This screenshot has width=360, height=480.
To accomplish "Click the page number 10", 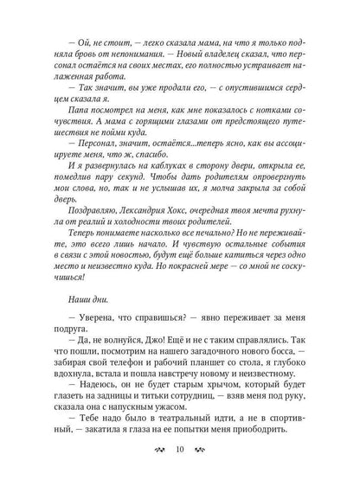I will coord(180,450).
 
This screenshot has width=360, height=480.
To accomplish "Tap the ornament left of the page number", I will coord(156,450).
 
